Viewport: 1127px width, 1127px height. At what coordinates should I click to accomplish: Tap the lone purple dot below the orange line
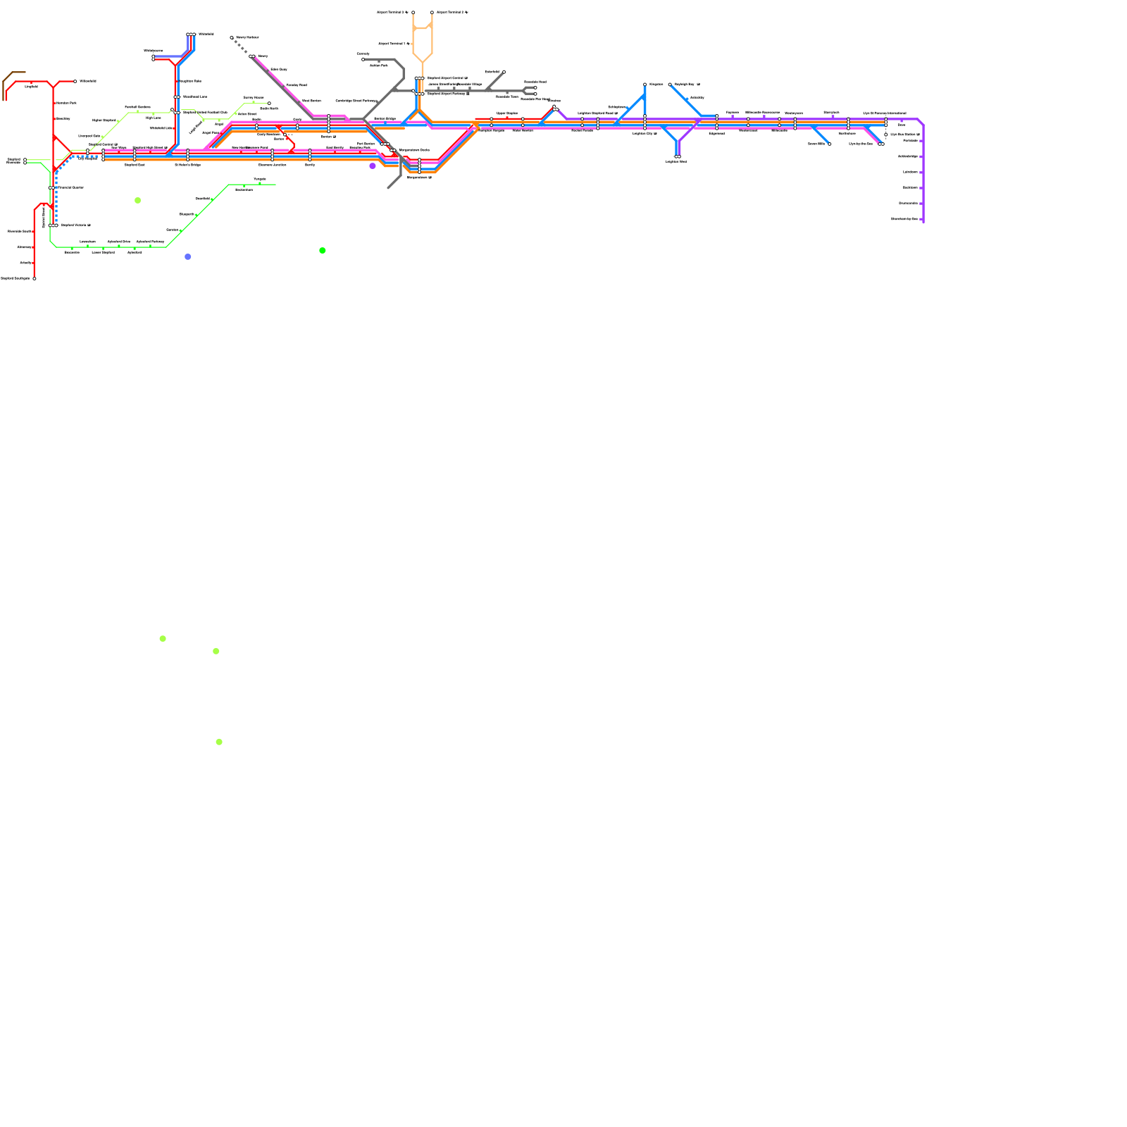tap(373, 166)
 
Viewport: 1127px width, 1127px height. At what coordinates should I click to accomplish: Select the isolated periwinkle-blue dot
tap(187, 256)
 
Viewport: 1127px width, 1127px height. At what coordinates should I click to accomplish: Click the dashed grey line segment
tap(240, 46)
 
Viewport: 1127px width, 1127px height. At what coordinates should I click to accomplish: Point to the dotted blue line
tap(56, 201)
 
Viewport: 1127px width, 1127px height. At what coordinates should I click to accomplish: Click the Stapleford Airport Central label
tap(447, 78)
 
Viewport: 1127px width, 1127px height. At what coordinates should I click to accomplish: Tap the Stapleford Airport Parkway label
tap(448, 93)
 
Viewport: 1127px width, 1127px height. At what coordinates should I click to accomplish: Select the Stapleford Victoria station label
tap(75, 225)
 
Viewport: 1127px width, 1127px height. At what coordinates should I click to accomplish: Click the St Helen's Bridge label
tap(187, 165)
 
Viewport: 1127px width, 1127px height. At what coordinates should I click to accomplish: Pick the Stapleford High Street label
tap(149, 147)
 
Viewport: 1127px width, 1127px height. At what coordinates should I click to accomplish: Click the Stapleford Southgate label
tap(15, 278)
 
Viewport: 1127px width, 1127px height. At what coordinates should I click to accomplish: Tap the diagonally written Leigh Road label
tap(195, 127)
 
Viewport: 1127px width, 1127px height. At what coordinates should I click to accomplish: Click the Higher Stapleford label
tap(104, 120)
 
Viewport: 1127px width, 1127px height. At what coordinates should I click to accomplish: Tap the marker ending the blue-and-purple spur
tap(678, 156)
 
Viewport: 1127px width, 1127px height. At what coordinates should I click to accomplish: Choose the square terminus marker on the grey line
tap(363, 59)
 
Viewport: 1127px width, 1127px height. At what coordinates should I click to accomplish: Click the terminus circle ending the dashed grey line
tap(232, 37)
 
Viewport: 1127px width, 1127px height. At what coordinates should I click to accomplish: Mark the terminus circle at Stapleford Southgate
tap(35, 278)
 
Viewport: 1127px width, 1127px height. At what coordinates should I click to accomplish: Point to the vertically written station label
tap(44, 217)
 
